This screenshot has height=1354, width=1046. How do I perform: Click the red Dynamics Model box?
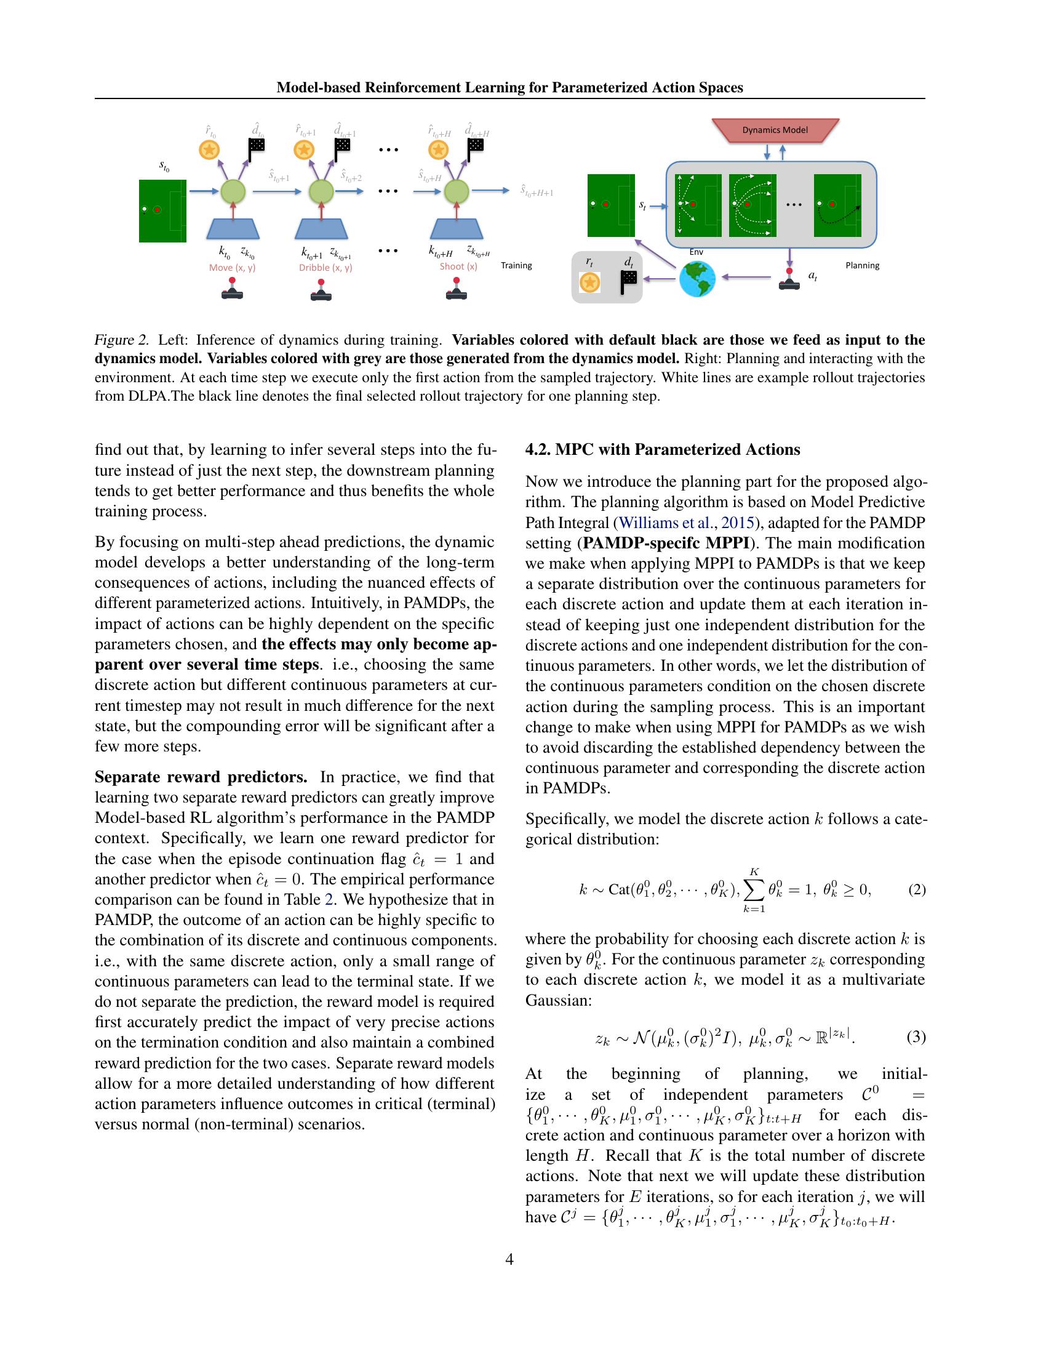[775, 130]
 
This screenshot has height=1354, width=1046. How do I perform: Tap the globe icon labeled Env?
[697, 279]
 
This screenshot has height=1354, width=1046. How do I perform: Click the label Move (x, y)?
[233, 268]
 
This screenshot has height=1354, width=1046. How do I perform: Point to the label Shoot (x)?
[458, 266]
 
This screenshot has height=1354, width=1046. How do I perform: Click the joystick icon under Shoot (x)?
[457, 290]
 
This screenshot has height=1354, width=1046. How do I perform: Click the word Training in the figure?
[516, 265]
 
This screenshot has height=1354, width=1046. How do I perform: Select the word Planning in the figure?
[862, 265]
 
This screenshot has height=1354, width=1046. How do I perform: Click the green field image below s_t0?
[162, 210]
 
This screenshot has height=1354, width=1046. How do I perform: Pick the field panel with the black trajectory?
[837, 205]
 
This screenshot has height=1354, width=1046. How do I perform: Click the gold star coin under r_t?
[589, 282]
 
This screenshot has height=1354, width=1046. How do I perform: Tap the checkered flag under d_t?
[629, 282]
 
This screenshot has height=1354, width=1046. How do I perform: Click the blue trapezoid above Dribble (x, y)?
[321, 229]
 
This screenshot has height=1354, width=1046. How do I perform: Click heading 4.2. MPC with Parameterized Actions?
[663, 449]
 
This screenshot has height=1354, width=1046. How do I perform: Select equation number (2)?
[917, 890]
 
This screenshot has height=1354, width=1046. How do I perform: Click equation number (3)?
[917, 1036]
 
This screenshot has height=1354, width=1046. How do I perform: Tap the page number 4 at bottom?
[509, 1259]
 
